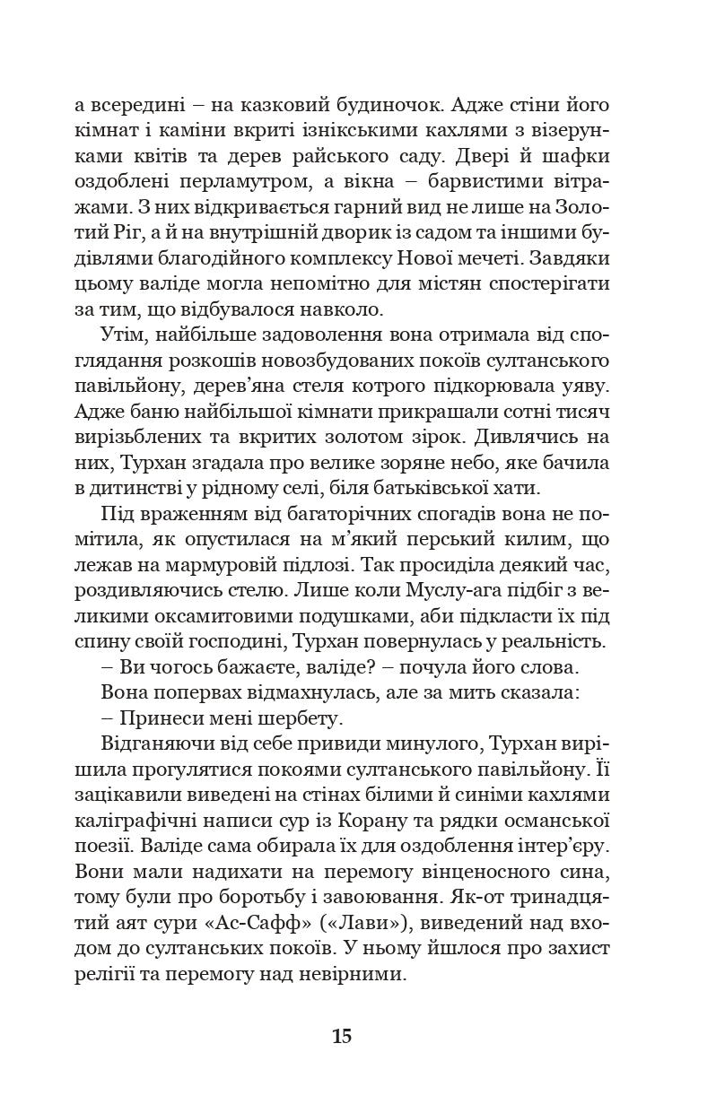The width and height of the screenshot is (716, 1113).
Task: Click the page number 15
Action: coord(341,1038)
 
